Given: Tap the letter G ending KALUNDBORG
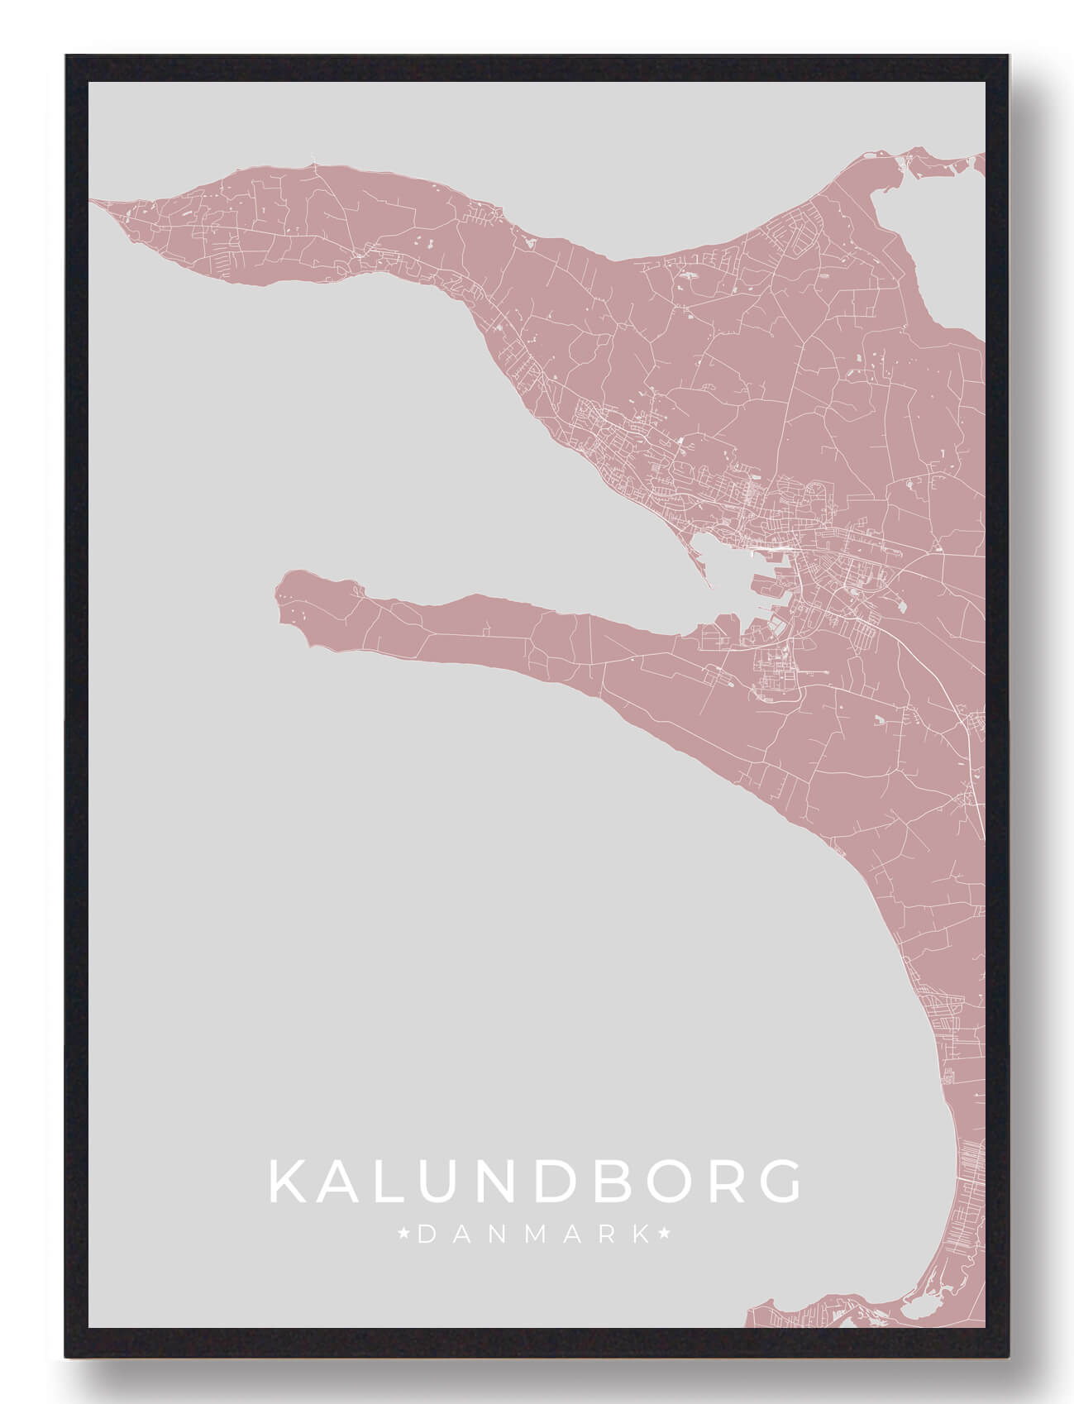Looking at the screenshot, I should [x=777, y=1182].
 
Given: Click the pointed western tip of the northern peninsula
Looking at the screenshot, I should [x=93, y=200].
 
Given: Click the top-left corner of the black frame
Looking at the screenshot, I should [x=67, y=57].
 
